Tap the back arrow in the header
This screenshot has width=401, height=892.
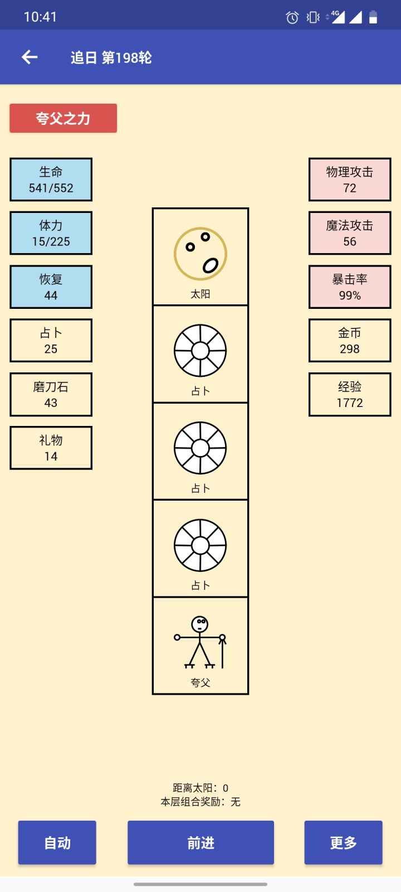[30, 57]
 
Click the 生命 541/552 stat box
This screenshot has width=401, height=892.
[51, 180]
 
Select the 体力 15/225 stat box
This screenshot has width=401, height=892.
[51, 234]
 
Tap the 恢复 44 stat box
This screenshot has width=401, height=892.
[51, 287]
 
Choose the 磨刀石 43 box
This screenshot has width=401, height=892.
[51, 395]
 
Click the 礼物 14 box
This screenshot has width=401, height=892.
[51, 448]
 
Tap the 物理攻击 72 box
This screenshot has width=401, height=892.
[350, 180]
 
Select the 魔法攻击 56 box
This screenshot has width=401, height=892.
[350, 234]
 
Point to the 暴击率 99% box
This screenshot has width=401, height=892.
[350, 287]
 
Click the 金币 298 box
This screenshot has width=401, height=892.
[350, 341]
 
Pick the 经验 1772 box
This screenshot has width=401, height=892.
[350, 395]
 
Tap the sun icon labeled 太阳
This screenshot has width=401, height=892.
[200, 254]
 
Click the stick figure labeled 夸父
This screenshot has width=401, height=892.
[200, 642]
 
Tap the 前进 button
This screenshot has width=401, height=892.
[201, 842]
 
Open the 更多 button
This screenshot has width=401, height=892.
[343, 842]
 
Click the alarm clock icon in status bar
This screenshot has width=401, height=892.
[292, 17]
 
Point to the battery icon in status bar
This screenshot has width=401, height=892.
[373, 17]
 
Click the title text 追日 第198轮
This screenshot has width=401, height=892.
[111, 58]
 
